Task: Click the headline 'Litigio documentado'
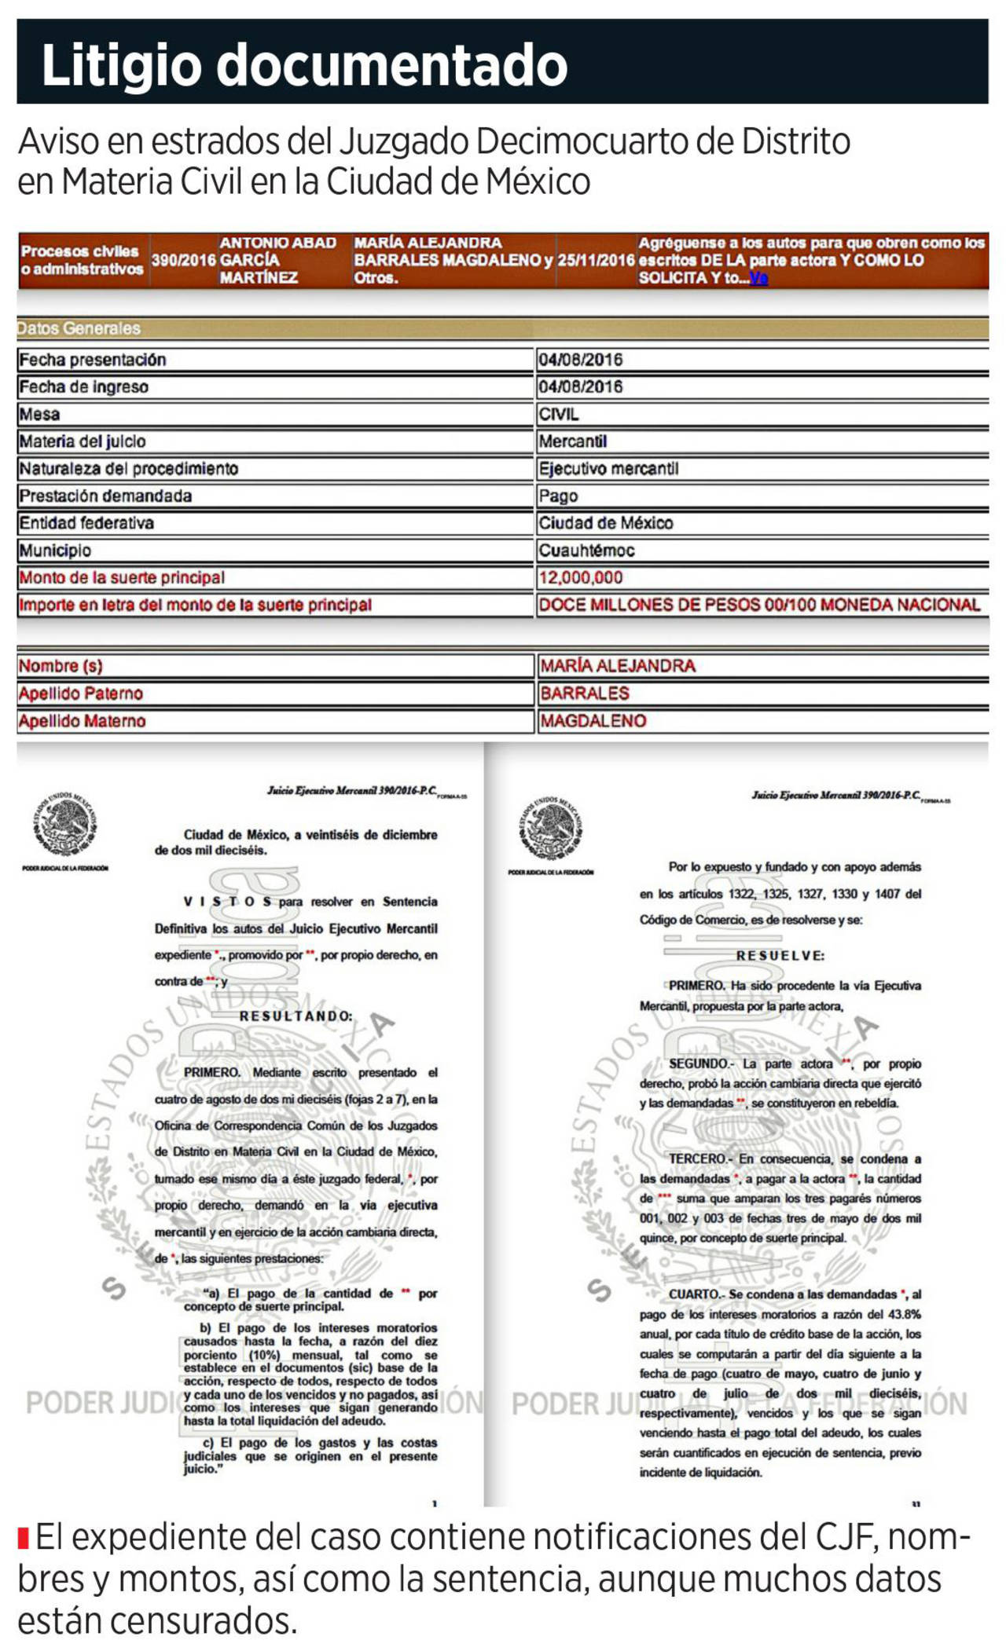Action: pyautogui.click(x=304, y=65)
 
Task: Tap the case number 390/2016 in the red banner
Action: pyautogui.click(x=183, y=260)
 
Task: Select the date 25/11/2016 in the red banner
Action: pyautogui.click(x=596, y=260)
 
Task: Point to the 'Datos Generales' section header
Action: pyautogui.click(x=79, y=328)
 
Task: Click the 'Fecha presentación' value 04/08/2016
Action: pyautogui.click(x=580, y=360)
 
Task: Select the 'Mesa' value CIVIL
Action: pyautogui.click(x=558, y=414)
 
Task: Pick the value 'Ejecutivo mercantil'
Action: pyautogui.click(x=608, y=469)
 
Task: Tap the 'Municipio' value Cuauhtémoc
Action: pyautogui.click(x=586, y=551)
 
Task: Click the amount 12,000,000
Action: pyautogui.click(x=580, y=578)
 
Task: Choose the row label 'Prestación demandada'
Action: pyautogui.click(x=105, y=496)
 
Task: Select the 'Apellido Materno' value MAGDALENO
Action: pyautogui.click(x=593, y=721)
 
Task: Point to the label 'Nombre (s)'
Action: pyautogui.click(x=61, y=666)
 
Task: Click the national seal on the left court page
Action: pyautogui.click(x=65, y=824)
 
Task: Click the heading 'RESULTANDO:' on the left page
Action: pyautogui.click(x=296, y=1016)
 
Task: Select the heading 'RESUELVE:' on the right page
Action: pyautogui.click(x=780, y=956)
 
